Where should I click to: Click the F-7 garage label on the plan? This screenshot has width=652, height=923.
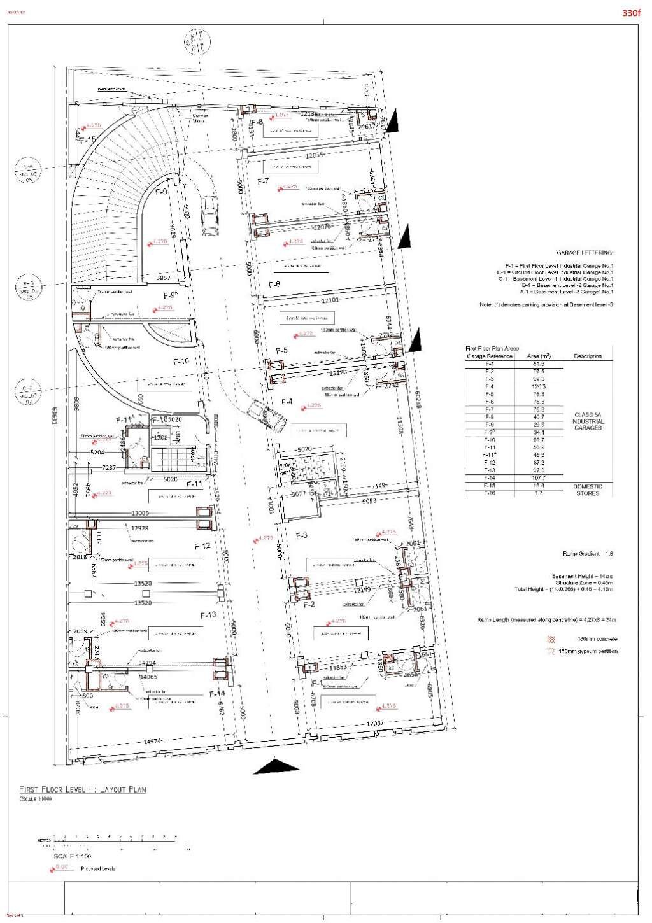point(264,181)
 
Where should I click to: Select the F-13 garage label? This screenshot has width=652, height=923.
point(208,615)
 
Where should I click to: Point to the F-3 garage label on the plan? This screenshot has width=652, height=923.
point(302,535)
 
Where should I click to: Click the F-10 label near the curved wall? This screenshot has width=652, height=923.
point(181,361)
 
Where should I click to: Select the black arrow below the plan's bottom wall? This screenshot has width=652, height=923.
point(276,766)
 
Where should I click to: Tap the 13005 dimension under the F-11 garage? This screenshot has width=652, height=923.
point(141,513)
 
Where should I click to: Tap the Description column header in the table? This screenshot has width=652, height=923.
point(587,356)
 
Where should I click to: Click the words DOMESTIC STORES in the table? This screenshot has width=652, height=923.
point(587,490)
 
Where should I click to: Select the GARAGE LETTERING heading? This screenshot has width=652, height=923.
point(585,253)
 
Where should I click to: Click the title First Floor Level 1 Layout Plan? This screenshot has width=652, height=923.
point(83,789)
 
